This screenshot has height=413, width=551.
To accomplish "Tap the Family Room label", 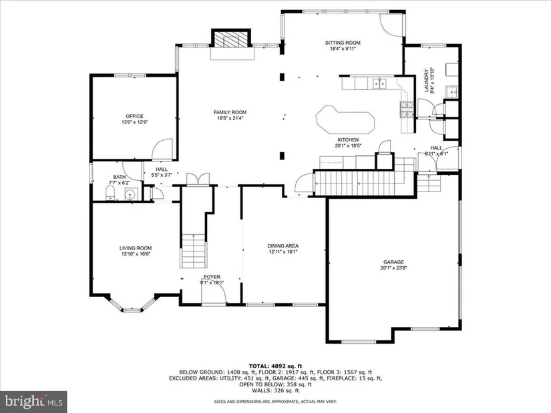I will pyautogui.click(x=230, y=112).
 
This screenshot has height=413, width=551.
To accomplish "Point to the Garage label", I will pyautogui.click(x=393, y=262).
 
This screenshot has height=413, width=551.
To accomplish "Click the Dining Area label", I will pyautogui.click(x=283, y=246).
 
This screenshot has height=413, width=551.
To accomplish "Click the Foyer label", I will pyautogui.click(x=212, y=276).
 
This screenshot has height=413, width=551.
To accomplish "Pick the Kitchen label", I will pyautogui.click(x=349, y=139).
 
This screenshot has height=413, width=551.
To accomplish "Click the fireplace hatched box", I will pyautogui.click(x=231, y=39).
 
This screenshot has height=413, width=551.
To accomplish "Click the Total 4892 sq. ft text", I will pyautogui.click(x=275, y=365).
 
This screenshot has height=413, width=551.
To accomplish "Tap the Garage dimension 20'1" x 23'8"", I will pyautogui.click(x=393, y=268).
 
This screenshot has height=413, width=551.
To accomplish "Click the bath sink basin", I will pyautogui.click(x=130, y=194).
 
